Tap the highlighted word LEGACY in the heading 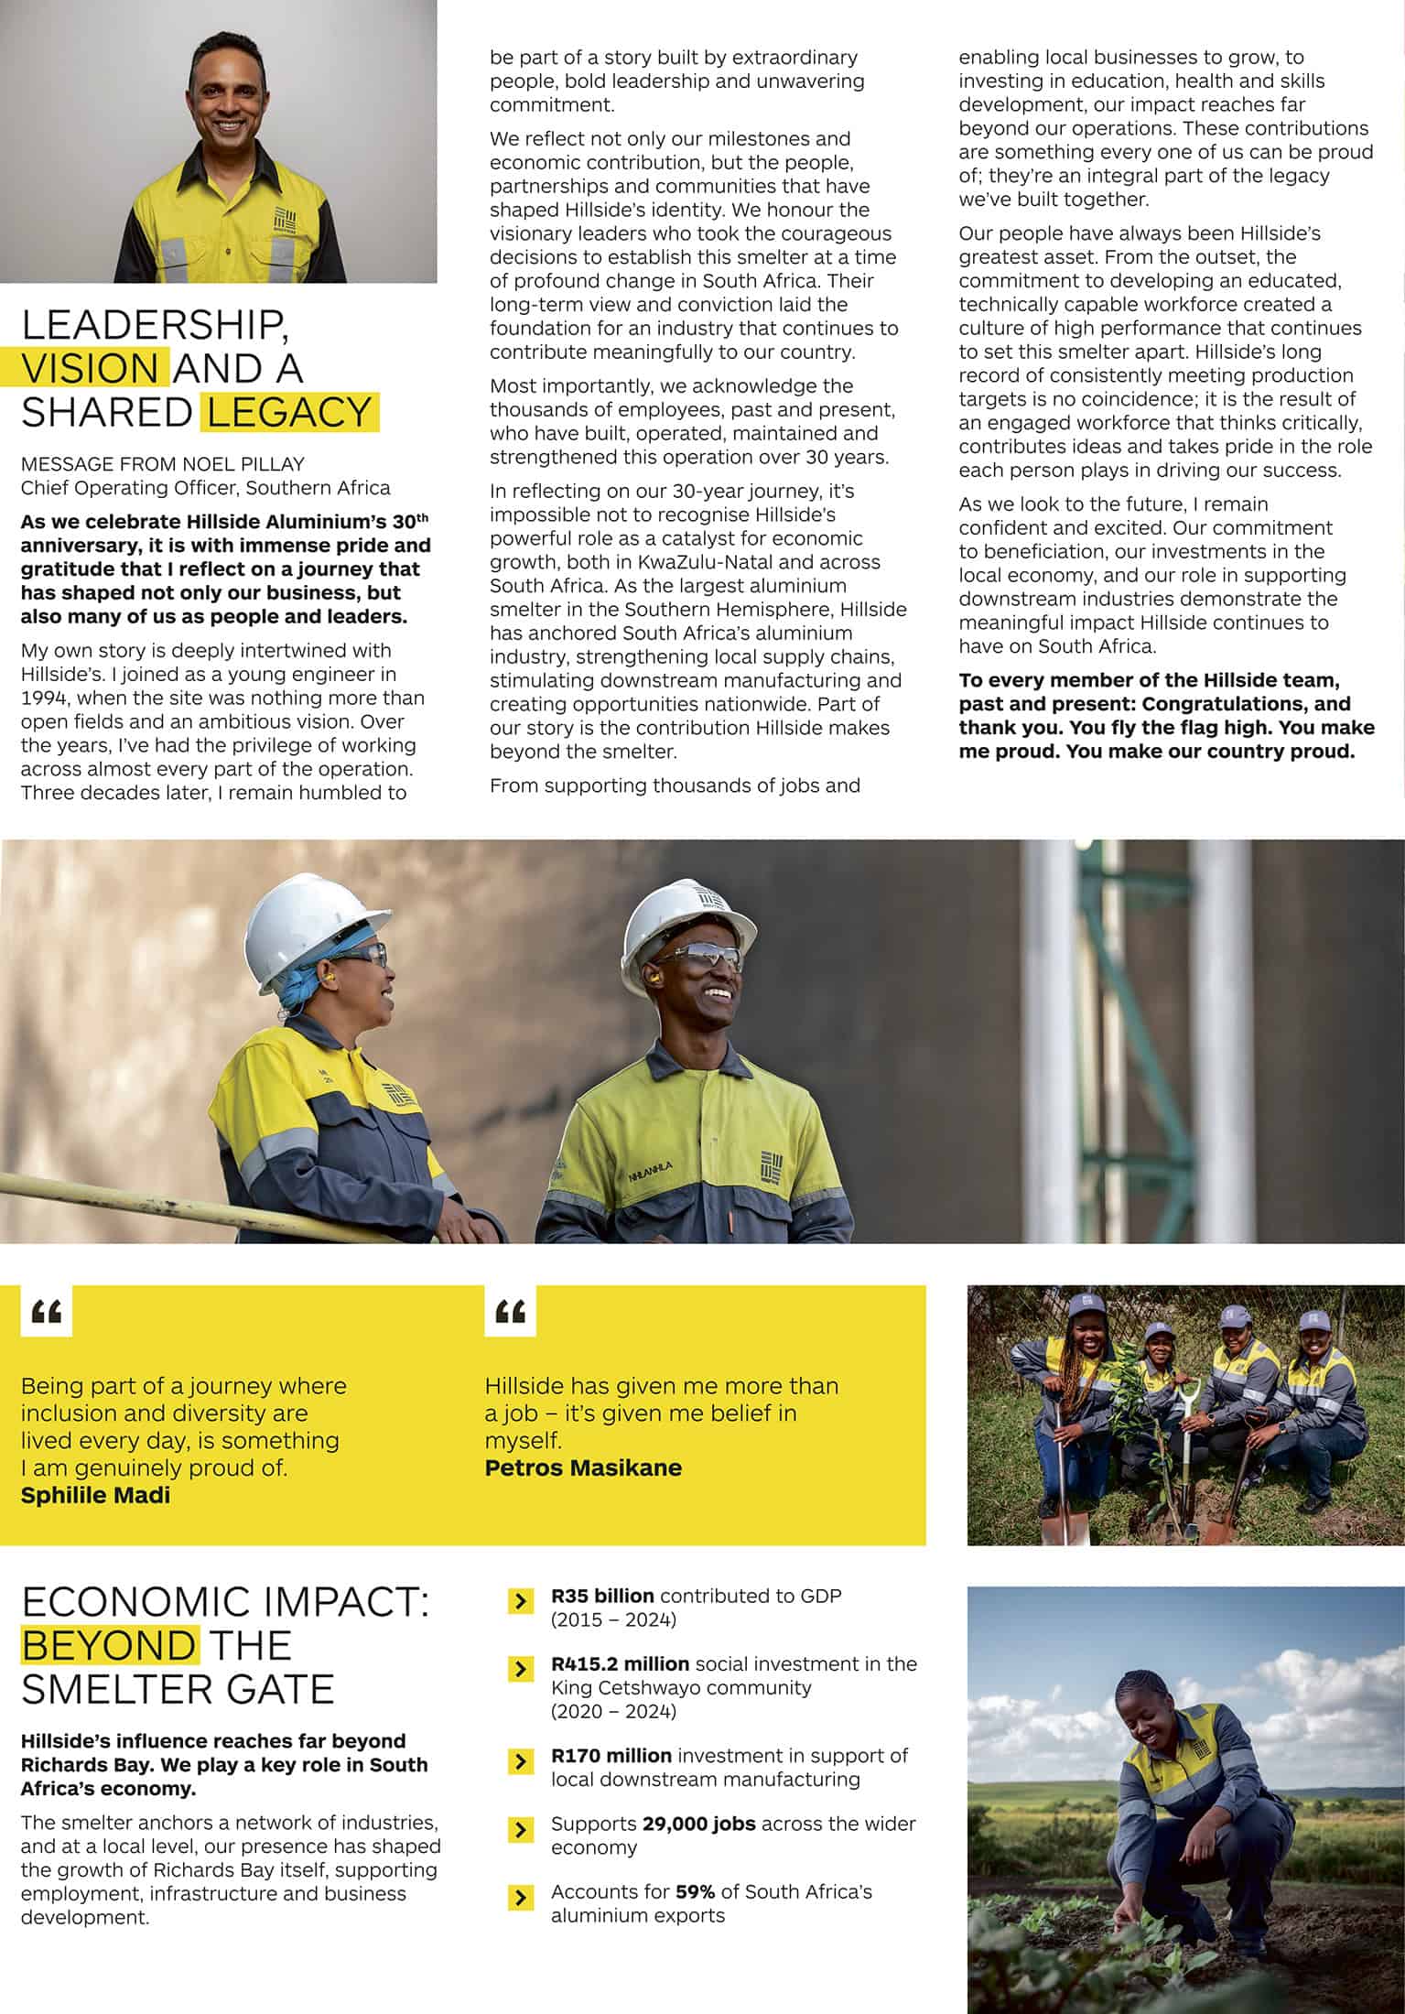coord(288,412)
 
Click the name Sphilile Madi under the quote coord(95,1495)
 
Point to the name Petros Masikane coord(583,1467)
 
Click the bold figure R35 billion coord(602,1596)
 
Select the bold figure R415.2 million coord(620,1663)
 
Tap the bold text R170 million coord(611,1755)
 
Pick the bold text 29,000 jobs coord(699,1824)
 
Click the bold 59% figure coord(695,1891)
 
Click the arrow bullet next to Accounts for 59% coord(520,1897)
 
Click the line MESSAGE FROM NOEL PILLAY coord(162,464)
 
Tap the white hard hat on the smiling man coord(688,920)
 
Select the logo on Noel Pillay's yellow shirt coord(286,220)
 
